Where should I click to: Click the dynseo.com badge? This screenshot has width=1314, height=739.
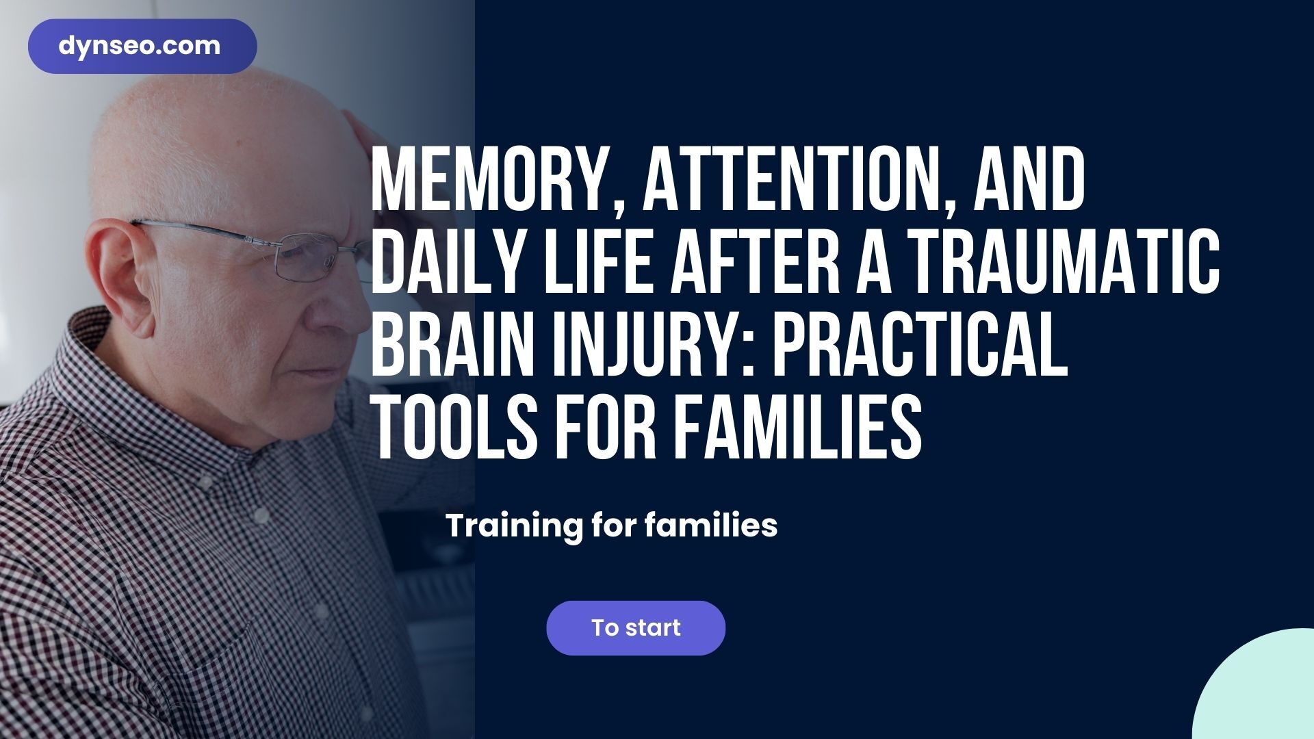142,46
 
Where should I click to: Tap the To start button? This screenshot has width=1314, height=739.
636,628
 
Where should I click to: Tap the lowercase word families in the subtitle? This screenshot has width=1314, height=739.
711,526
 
